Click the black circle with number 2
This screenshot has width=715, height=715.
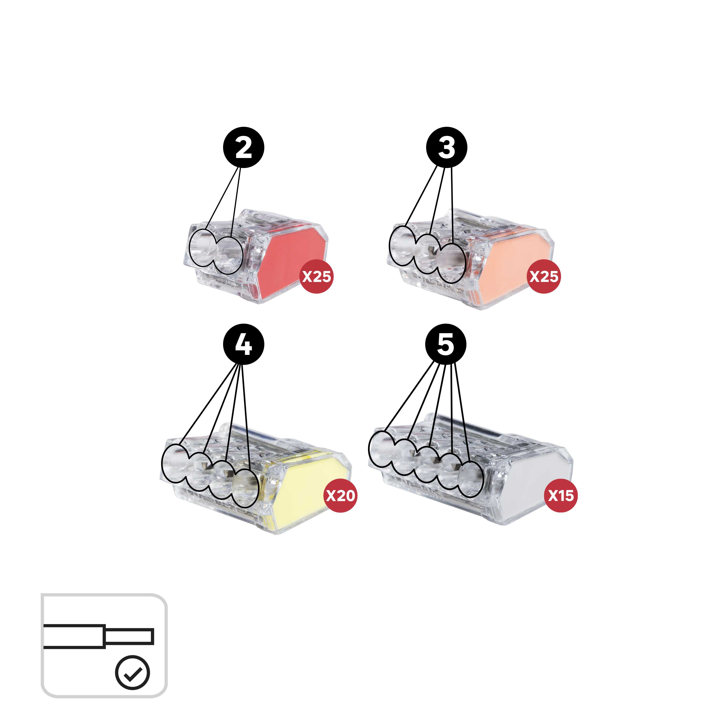click(x=244, y=147)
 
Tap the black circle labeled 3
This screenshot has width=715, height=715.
click(x=447, y=147)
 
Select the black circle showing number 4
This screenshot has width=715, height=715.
click(x=244, y=344)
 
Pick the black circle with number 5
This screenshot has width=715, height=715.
click(x=446, y=344)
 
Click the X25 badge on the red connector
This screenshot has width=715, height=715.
click(x=317, y=276)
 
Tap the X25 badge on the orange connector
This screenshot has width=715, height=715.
click(x=544, y=276)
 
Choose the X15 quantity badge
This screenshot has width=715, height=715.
click(x=561, y=495)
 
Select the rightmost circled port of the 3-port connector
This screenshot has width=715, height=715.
click(x=451, y=263)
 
